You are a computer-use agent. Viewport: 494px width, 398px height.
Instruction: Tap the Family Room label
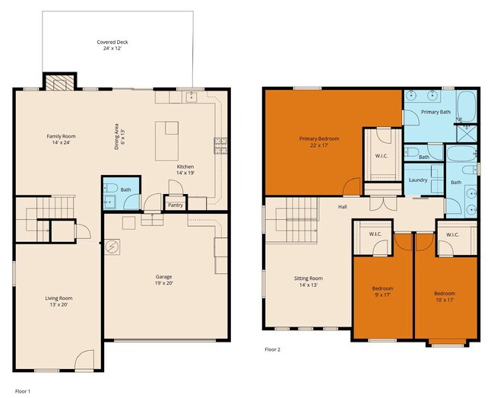point(62,136)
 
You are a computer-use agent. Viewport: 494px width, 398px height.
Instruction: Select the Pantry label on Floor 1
point(175,204)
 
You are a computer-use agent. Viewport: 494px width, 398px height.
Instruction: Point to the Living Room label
point(59,298)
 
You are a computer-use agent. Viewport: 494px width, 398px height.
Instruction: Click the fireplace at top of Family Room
point(59,81)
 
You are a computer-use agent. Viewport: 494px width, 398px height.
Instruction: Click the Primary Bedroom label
point(319,139)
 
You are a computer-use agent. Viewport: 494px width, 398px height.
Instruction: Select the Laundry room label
point(418,180)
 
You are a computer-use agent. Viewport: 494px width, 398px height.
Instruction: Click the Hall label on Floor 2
point(343,205)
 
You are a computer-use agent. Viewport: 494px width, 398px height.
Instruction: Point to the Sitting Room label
point(309,279)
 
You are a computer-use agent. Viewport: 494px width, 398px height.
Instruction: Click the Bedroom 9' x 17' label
point(382,289)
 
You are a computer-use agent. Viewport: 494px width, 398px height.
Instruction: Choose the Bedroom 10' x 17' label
point(445,293)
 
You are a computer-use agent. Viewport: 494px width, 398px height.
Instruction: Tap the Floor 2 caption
point(272,349)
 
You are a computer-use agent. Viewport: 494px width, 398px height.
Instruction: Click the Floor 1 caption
point(22,390)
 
